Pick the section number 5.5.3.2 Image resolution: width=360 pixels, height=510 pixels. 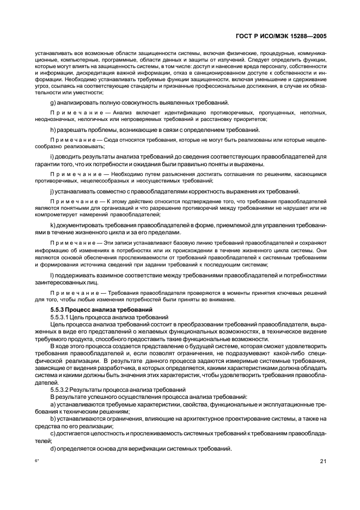[x=62, y=389]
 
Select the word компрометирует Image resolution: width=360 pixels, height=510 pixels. [x=55, y=214]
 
